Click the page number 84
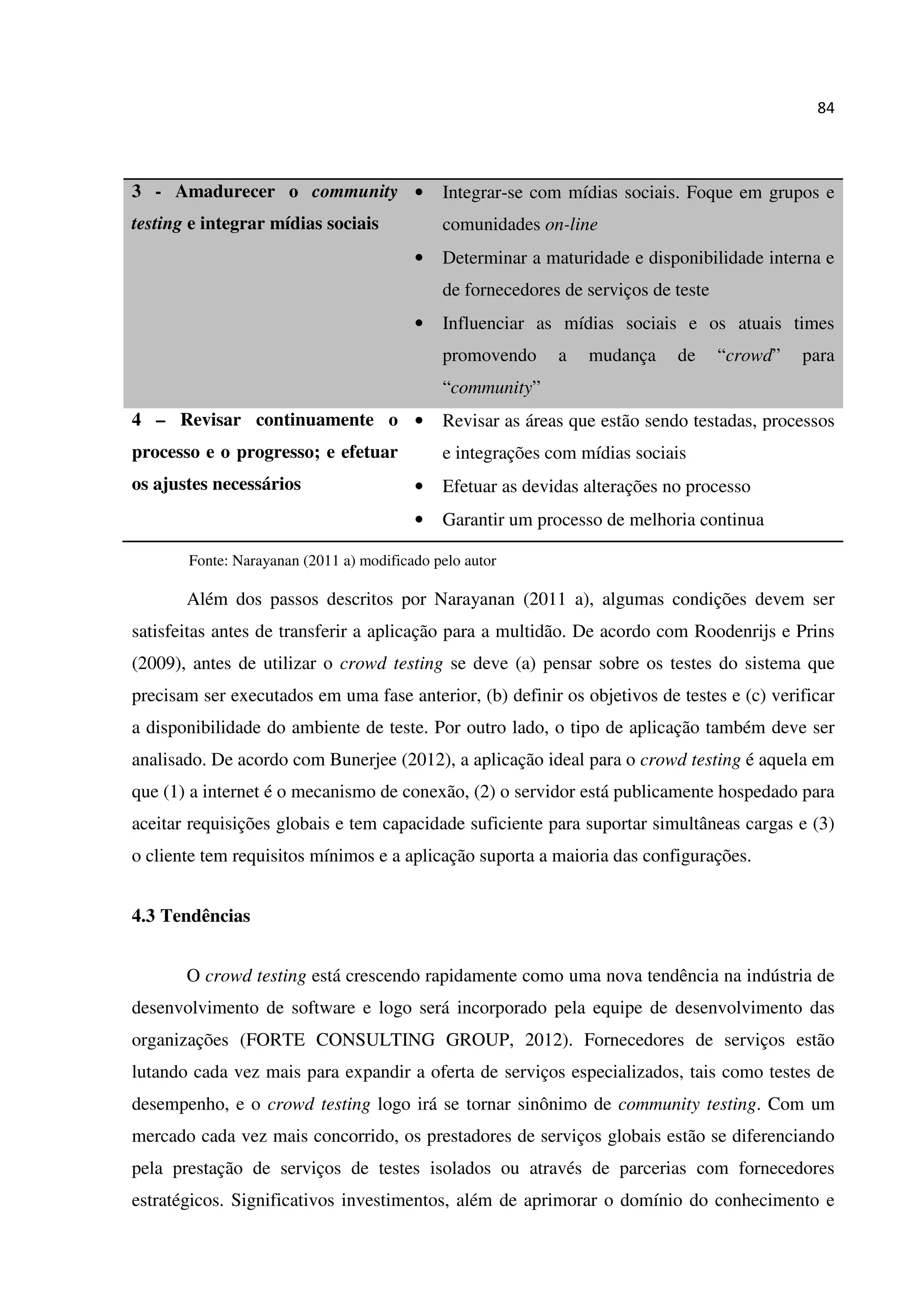[x=825, y=108]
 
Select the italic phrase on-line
[x=571, y=225]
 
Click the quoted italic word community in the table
[x=490, y=389]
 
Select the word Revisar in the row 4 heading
[x=210, y=421]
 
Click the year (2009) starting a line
[x=156, y=664]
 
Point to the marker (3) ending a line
[x=823, y=824]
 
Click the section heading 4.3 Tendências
[x=191, y=916]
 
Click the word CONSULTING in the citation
[x=375, y=1040]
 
